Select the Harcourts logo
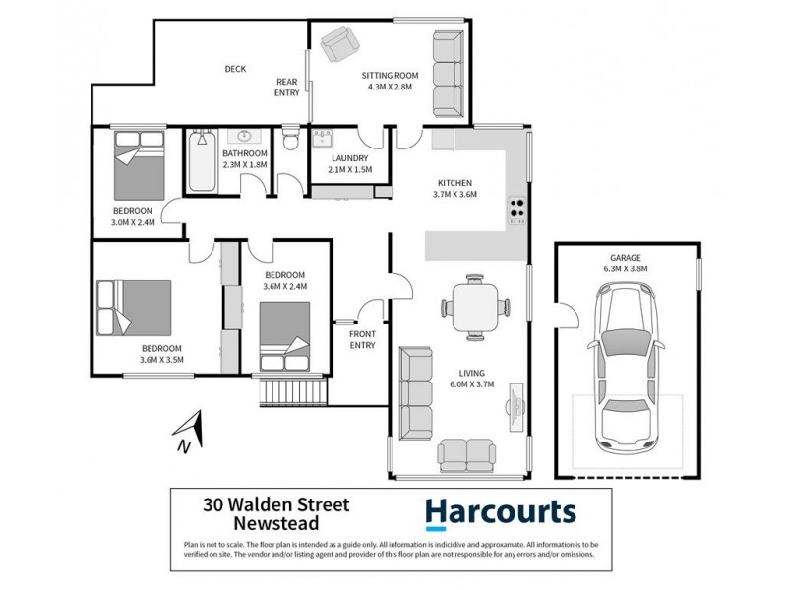click(499, 514)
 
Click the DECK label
click(235, 69)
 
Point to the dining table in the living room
click(476, 306)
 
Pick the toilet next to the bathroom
click(290, 139)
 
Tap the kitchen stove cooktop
click(516, 208)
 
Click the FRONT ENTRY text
click(363, 340)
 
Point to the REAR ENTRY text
click(286, 88)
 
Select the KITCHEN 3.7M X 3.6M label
click(455, 188)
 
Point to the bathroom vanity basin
click(243, 137)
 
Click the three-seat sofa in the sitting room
click(448, 74)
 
